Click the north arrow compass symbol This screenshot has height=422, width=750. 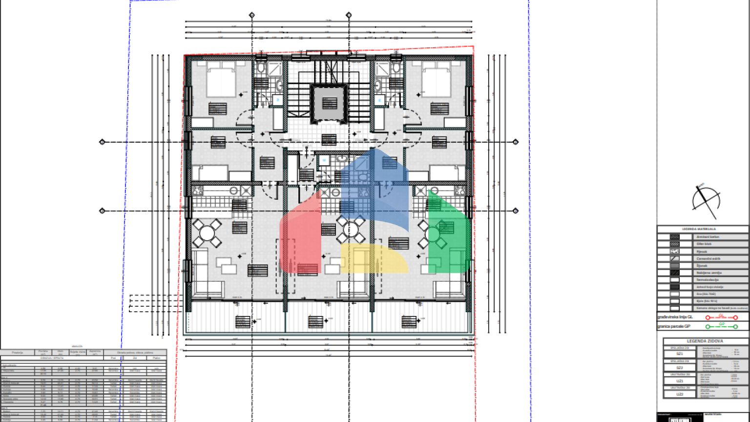(x=706, y=200)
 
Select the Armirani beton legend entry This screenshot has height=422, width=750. (x=708, y=237)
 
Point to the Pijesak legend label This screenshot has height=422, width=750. (x=701, y=251)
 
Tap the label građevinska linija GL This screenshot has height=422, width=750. (x=675, y=317)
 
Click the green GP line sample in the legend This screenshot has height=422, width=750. (x=721, y=326)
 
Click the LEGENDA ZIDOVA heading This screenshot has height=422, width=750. (x=705, y=341)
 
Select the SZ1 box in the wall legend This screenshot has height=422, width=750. (x=679, y=353)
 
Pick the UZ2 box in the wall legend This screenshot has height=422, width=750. (x=679, y=394)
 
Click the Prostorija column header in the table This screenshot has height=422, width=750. (x=18, y=352)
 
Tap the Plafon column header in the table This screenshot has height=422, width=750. (x=156, y=358)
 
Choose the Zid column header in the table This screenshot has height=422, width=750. (x=135, y=358)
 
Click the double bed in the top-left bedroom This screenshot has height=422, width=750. (x=221, y=81)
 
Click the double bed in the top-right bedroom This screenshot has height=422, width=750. (x=436, y=81)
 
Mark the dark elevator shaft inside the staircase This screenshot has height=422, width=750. (x=330, y=103)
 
